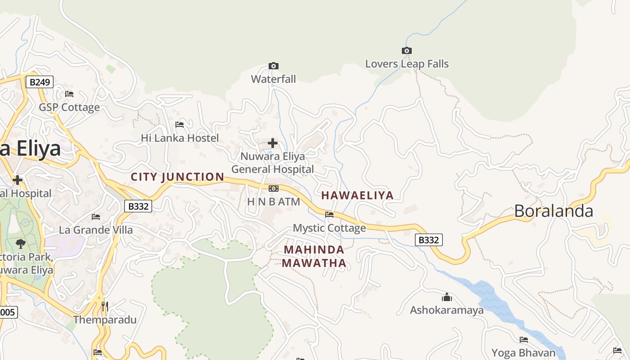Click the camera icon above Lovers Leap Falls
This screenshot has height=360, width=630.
pyautogui.click(x=406, y=50)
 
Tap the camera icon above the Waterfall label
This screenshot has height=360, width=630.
pyautogui.click(x=273, y=66)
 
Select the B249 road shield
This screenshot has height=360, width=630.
pyautogui.click(x=39, y=82)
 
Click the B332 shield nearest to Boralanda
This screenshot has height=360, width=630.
pyautogui.click(x=428, y=240)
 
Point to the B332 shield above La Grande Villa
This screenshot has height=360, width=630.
pyautogui.click(x=138, y=206)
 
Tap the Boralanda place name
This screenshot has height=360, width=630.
pyautogui.click(x=553, y=211)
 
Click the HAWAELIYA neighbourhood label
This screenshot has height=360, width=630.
pyautogui.click(x=357, y=195)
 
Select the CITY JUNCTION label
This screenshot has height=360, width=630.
pyautogui.click(x=177, y=177)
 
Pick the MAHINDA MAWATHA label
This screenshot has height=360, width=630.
pyautogui.click(x=314, y=256)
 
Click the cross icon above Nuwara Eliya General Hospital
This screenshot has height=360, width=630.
pyautogui.click(x=273, y=143)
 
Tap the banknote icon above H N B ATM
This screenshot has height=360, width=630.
pyautogui.click(x=273, y=189)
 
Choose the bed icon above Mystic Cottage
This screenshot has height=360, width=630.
pyautogui.click(x=329, y=215)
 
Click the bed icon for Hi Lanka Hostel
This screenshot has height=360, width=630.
pyautogui.click(x=180, y=124)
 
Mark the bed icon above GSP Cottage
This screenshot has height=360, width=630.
pyautogui.click(x=69, y=94)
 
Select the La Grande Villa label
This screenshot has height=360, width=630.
pyautogui.click(x=96, y=230)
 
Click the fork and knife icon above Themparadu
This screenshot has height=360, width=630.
pyautogui.click(x=104, y=306)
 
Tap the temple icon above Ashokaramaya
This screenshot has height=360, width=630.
pyautogui.click(x=446, y=297)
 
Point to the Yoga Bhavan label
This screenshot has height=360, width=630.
pyautogui.click(x=523, y=353)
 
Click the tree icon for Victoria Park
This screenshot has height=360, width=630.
pyautogui.click(x=20, y=244)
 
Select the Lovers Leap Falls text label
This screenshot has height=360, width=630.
pyautogui.click(x=407, y=64)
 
